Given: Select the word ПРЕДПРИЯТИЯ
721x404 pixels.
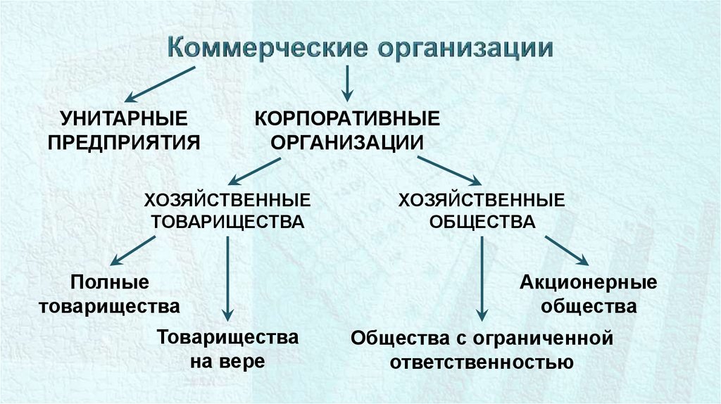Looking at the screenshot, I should pos(124,141).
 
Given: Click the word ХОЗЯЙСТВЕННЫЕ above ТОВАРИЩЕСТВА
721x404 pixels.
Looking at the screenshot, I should pos(228,200).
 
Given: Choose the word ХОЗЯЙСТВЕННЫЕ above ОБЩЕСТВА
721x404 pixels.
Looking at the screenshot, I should pos(482,200).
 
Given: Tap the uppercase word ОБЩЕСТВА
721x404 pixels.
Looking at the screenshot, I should pos(482,222).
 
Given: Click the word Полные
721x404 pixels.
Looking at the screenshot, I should pos(110,283).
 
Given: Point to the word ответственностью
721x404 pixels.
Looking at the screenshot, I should pos(482,362).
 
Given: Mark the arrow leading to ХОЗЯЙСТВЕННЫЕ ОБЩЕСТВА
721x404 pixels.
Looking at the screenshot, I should pos(447,171).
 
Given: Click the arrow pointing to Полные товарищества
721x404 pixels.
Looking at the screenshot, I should pos(133,251).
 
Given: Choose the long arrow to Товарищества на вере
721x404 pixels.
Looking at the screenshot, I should pos(227,278).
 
